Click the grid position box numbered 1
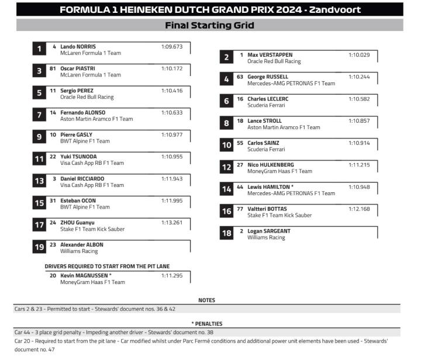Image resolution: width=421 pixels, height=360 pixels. tap(39, 50)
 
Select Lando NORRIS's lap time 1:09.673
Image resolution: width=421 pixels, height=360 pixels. tap(172, 47)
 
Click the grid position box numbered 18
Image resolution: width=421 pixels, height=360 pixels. tap(226, 234)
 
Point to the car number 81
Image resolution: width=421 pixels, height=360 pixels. tap(53, 68)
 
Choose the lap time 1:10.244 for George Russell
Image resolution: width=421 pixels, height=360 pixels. tap(359, 77)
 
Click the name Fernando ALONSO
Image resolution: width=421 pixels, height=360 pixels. tap(83, 112)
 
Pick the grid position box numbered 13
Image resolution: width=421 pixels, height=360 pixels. tap(39, 181)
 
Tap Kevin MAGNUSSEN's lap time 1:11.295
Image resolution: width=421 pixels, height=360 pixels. tap(172, 275)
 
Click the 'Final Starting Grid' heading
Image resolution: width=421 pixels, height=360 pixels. tap(209, 25)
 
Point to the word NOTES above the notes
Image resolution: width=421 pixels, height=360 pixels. tap(207, 300)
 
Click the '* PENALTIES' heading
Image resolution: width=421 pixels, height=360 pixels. tap(207, 323)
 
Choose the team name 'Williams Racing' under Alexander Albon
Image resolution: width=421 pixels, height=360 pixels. tap(79, 251)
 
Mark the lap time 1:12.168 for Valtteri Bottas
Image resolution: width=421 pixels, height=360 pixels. tap(359, 209)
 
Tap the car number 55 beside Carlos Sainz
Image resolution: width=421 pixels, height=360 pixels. tap(240, 143)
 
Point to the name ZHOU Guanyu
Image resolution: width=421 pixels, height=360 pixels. tap(77, 222)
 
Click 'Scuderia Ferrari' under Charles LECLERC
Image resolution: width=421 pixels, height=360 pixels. tap(267, 105)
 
